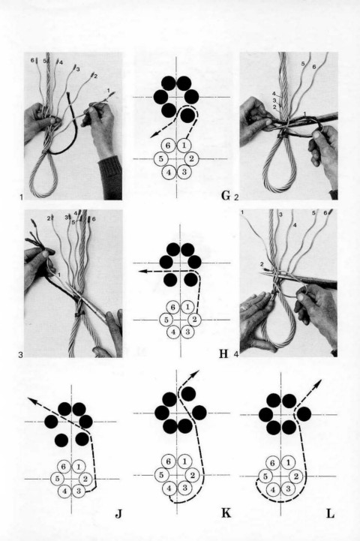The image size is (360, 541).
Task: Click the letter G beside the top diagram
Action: tap(225, 196)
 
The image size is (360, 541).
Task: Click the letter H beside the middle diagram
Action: tap(224, 353)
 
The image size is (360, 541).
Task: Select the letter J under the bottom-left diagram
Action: tap(118, 514)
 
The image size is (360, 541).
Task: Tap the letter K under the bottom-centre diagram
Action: tap(226, 513)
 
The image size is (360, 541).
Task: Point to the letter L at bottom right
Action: tap(330, 514)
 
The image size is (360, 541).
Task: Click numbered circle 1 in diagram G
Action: tap(184, 146)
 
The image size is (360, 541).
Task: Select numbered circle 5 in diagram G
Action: tap(161, 159)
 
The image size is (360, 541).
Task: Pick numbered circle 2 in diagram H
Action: tap(194, 320)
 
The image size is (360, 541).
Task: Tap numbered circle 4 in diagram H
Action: tap(173, 332)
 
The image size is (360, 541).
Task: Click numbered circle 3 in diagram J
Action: tap(79, 491)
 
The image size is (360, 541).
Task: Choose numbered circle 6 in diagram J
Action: tap(64, 467)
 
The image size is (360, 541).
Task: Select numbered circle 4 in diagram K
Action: tap(169, 488)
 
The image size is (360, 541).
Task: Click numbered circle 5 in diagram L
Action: tap(265, 476)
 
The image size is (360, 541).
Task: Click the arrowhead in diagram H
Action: tap(142, 272)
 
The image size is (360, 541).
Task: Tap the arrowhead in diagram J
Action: tap(31, 400)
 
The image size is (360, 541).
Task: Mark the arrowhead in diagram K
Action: tap(196, 374)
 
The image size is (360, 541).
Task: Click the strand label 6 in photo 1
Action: tap(32, 60)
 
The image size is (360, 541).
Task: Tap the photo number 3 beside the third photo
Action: tap(21, 354)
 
